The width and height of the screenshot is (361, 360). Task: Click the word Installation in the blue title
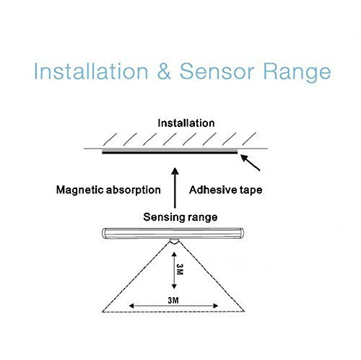coord(91,71)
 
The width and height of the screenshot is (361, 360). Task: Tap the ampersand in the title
coord(164,71)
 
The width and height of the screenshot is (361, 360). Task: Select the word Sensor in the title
coord(217,71)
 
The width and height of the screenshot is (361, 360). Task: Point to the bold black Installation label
coord(186,123)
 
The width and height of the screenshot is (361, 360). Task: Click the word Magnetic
coord(79,190)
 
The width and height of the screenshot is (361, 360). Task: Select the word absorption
coord(134,190)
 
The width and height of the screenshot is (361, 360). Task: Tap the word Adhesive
coord(209,190)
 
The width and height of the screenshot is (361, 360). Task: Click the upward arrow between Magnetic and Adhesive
coord(175,188)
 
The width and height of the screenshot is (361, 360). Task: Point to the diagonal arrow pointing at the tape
coord(251,163)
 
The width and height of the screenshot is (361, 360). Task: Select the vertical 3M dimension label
coord(180,269)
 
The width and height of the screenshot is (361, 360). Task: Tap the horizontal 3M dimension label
coord(173,300)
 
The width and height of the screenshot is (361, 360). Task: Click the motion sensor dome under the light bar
coord(175,242)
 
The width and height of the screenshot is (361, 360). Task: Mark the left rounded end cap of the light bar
coord(104,233)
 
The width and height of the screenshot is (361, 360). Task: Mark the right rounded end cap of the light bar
coord(241,233)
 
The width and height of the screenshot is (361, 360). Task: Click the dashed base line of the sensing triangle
coord(173,312)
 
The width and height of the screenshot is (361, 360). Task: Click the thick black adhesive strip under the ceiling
coord(170,152)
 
